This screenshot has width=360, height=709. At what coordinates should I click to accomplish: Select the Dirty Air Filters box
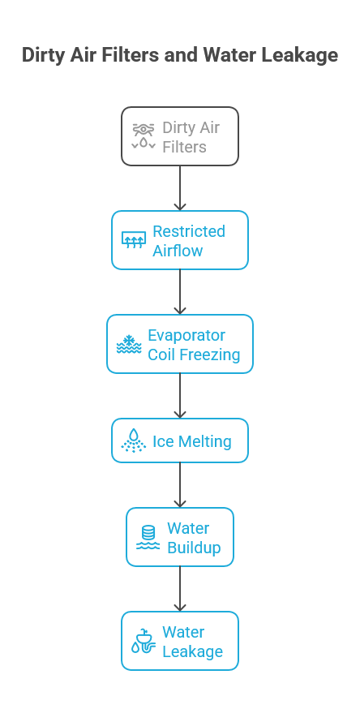(180, 136)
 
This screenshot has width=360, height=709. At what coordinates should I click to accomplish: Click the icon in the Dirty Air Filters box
(144, 136)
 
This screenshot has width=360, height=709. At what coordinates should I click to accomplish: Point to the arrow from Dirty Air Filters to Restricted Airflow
(180, 188)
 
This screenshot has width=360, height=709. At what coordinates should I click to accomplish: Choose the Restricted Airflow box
(180, 240)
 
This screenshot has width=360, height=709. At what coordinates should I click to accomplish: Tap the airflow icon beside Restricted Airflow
(133, 240)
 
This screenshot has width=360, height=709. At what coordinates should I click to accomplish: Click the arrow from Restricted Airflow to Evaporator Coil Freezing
(180, 292)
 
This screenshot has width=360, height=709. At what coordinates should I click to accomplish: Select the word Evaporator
(186, 335)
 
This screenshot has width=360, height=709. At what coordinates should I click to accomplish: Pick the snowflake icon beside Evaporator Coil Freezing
(128, 344)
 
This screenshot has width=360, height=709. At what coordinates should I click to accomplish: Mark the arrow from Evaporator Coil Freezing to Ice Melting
(180, 396)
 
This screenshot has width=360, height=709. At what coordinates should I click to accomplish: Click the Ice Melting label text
(192, 442)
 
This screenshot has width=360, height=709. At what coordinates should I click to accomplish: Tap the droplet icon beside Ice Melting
(133, 440)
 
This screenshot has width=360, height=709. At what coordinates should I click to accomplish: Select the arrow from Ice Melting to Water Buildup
(180, 485)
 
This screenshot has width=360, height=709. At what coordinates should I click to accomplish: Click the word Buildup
(194, 548)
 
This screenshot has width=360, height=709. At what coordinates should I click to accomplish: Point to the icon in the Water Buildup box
(148, 537)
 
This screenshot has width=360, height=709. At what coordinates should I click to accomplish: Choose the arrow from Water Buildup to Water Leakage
(180, 589)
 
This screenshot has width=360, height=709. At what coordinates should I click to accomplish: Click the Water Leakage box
(180, 641)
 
